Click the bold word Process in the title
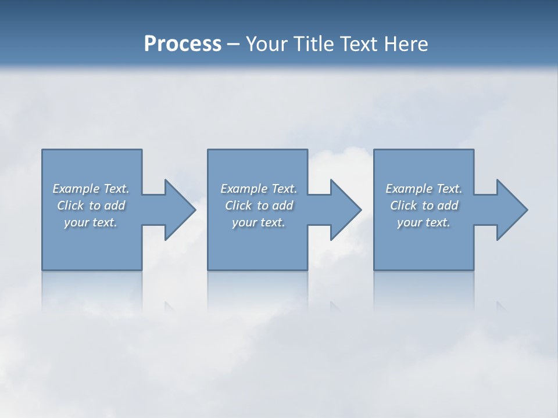(x=183, y=44)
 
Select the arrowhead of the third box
(x=511, y=210)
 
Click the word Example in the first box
(x=76, y=189)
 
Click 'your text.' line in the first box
(x=91, y=222)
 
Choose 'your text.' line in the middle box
(x=259, y=222)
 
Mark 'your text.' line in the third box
(x=424, y=222)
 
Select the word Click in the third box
(x=403, y=206)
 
